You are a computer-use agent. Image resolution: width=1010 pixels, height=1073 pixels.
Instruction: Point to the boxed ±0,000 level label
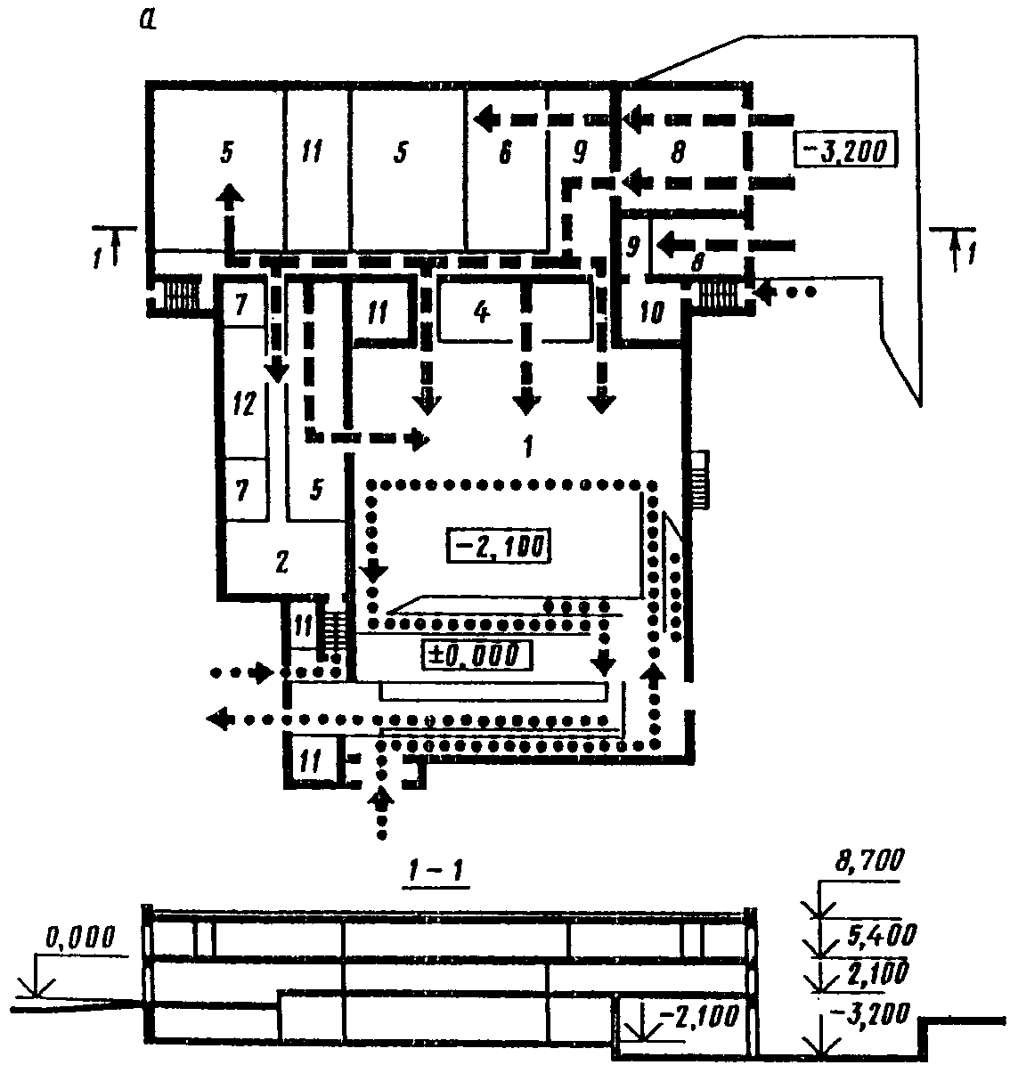click(479, 654)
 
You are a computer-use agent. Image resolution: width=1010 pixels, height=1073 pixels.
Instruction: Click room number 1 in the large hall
click(527, 445)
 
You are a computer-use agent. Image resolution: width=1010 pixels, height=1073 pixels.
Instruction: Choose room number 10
click(653, 314)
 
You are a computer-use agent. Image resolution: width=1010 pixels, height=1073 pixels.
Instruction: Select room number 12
click(243, 404)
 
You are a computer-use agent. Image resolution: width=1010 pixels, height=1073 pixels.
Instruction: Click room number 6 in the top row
click(504, 153)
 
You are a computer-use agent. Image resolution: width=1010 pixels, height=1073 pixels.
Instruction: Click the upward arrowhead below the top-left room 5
click(230, 196)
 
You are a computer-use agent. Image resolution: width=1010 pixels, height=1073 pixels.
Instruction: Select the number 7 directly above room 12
click(242, 307)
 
